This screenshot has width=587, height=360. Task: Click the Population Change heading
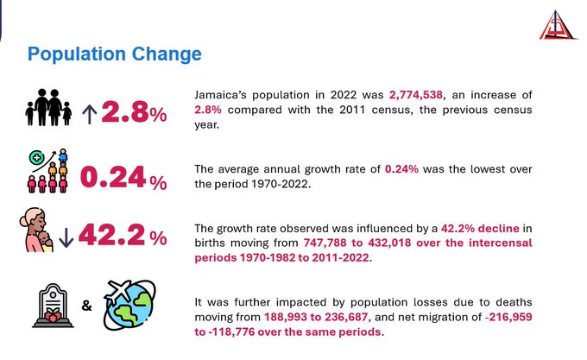coord(114,54)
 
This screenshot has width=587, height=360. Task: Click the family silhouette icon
coord(48,110)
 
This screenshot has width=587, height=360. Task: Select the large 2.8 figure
coord(125,112)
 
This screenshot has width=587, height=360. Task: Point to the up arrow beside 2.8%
coord(89,112)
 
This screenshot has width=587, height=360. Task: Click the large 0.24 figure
coord(112,177)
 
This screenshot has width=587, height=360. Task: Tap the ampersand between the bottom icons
coord(87,306)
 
